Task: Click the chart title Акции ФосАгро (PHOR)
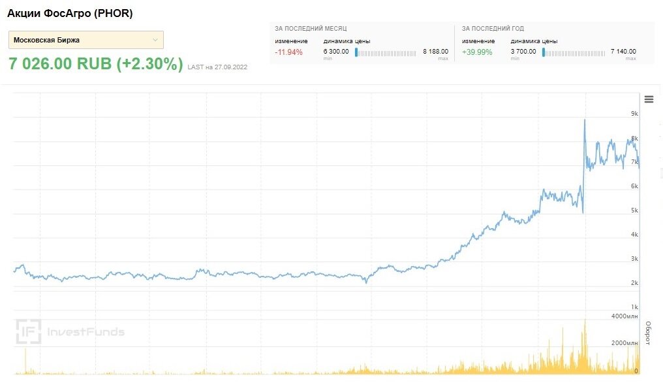coord(70,13)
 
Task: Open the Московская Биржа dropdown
coord(85,40)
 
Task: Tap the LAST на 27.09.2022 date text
coord(217,67)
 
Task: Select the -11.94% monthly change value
coord(288,52)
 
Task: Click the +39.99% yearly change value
coord(477,52)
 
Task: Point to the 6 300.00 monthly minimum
coord(336,51)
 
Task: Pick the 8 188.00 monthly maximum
coord(435,51)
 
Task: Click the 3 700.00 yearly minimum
coord(523,51)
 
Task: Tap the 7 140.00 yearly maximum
coord(623,51)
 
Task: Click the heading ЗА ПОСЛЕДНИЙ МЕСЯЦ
coord(311,29)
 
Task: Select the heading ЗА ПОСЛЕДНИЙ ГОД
coord(493,29)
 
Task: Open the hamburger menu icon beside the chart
coord(649,99)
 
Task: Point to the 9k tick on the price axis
coord(634,114)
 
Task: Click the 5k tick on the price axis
coord(634,210)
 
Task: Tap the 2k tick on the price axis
coord(634,283)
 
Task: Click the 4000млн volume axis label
coord(624,316)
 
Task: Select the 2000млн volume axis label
coord(624,343)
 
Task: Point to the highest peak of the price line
coord(585,120)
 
